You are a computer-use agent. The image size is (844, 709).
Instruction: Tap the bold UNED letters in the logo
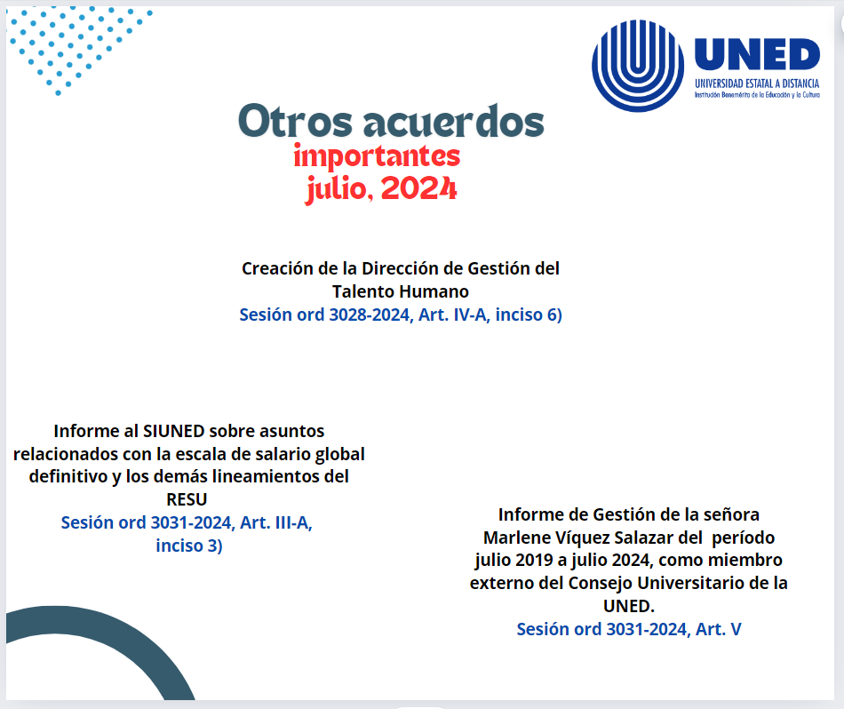tap(757, 54)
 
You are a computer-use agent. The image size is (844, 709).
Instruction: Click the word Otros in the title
tap(286, 121)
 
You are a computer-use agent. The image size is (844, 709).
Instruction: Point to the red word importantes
tap(377, 156)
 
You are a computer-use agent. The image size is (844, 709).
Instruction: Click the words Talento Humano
tap(401, 291)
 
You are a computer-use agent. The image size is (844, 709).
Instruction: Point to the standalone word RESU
tap(187, 499)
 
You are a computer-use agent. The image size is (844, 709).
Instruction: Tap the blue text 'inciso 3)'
tap(188, 546)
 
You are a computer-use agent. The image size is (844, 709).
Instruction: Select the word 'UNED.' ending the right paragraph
tap(628, 606)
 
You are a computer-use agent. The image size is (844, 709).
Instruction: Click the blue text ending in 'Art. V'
tap(629, 629)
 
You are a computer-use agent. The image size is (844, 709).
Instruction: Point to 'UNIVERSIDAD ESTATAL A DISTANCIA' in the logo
tap(757, 83)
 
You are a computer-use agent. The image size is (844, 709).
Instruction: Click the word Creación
tap(277, 268)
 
